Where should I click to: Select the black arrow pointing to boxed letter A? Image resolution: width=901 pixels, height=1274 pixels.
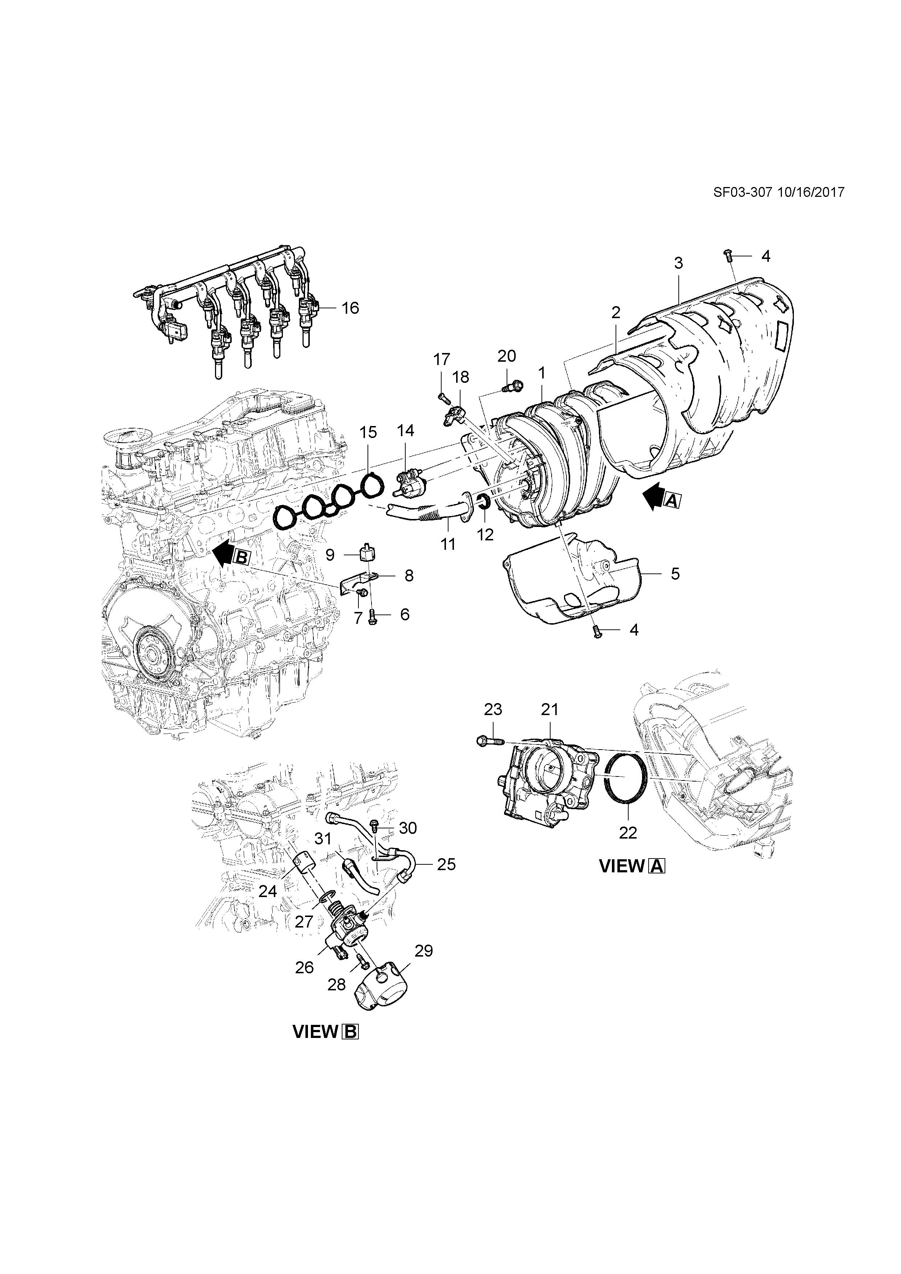click(x=654, y=495)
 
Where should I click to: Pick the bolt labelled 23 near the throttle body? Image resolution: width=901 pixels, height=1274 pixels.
click(x=488, y=740)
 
